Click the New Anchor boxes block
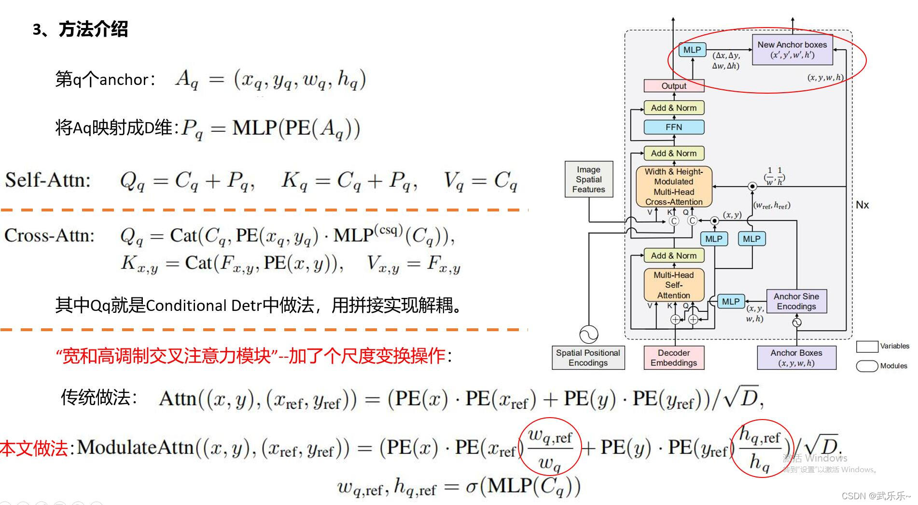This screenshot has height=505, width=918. pos(792,49)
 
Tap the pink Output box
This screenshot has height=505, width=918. pos(674,86)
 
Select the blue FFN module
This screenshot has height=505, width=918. pos(674,127)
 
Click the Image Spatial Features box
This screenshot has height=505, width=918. pos(588,179)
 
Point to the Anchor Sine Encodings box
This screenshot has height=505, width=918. pos(796,301)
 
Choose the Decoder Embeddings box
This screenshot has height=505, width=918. pos(674,358)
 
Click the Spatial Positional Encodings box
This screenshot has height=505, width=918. pos(588,358)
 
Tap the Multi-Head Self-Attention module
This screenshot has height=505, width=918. pos(674,285)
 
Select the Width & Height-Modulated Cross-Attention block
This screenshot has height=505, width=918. pos(674,186)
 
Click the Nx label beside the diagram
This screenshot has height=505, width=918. pos(862,205)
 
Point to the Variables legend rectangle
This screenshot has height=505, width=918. pos(867,346)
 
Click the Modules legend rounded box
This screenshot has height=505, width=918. pos(867,366)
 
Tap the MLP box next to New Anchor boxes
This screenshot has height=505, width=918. pos(692,50)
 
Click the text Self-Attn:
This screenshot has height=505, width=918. pos(47,180)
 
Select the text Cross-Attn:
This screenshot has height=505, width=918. pos(49,236)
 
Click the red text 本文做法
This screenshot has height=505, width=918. pos(34,448)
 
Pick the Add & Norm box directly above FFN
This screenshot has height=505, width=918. pos(674,108)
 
